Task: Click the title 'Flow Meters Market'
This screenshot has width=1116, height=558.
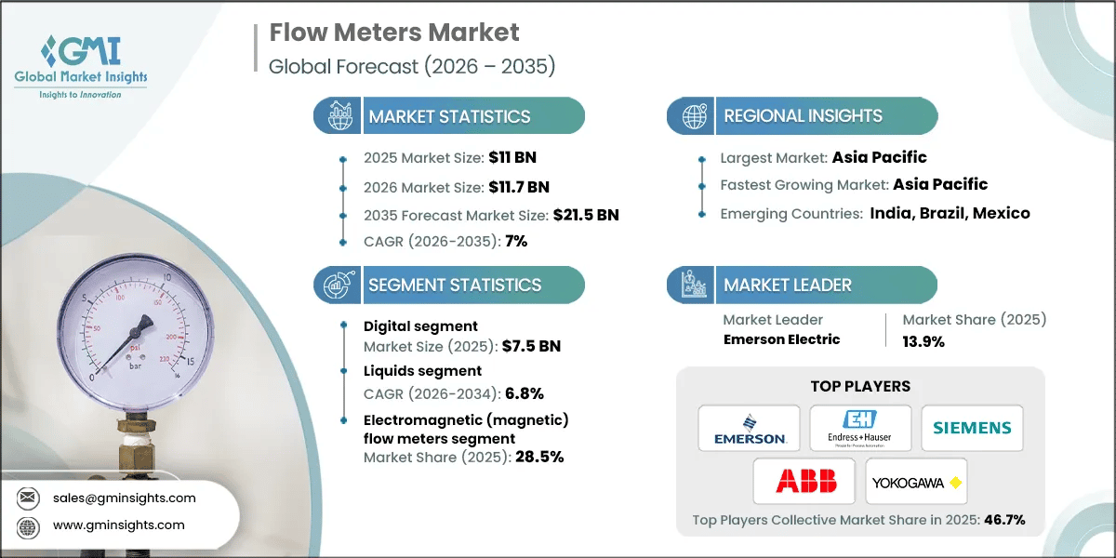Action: click(x=394, y=33)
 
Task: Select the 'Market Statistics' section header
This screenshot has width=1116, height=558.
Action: click(x=449, y=116)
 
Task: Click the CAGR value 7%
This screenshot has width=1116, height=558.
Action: click(x=516, y=242)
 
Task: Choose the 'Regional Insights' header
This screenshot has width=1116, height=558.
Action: click(x=803, y=116)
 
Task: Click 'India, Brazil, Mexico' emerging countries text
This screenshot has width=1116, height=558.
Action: click(x=950, y=213)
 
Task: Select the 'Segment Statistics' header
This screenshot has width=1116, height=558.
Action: click(x=454, y=285)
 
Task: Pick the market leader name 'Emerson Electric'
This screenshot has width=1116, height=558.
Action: click(x=781, y=339)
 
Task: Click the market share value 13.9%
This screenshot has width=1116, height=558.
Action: click(x=923, y=341)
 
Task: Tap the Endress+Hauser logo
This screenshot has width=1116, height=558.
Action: click(x=860, y=429)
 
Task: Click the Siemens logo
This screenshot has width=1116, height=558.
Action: click(x=972, y=429)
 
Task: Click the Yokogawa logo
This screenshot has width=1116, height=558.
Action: click(x=916, y=481)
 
